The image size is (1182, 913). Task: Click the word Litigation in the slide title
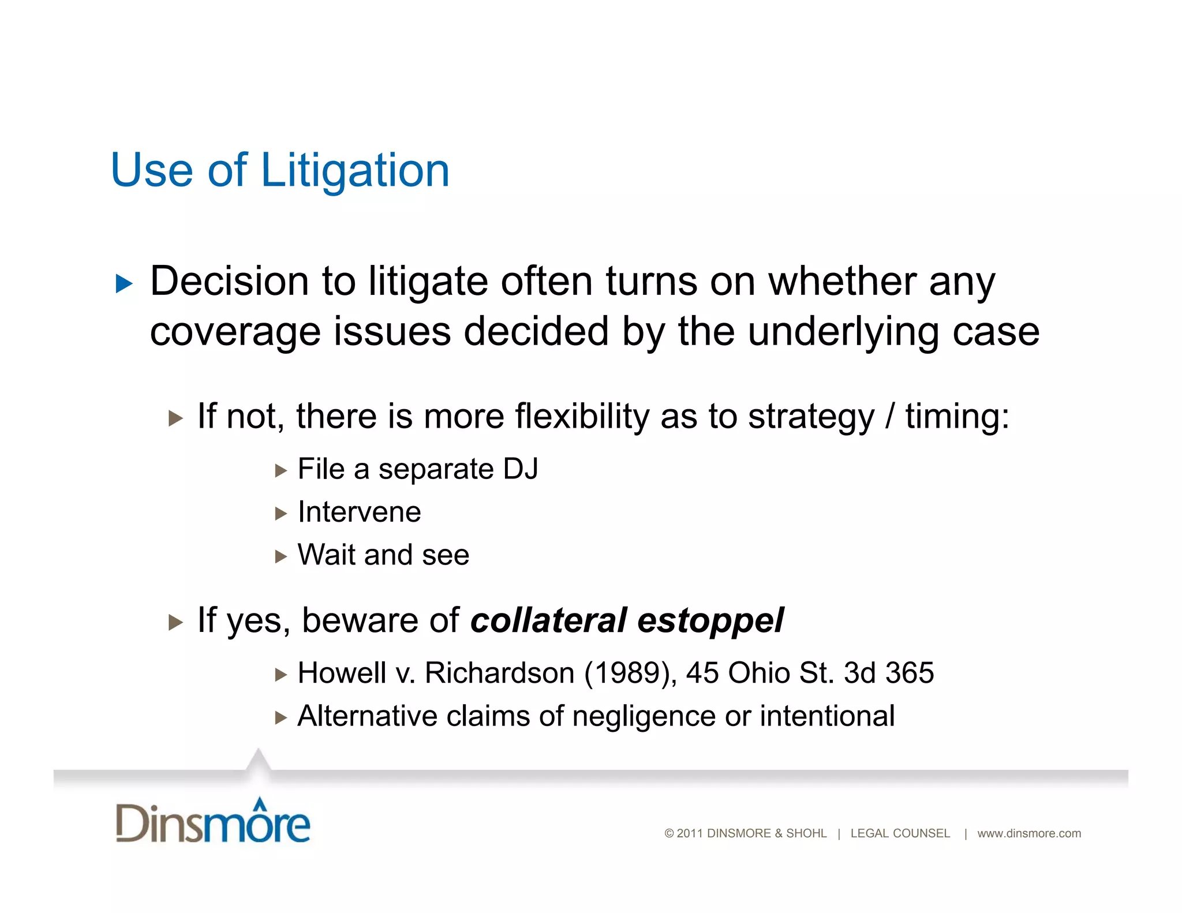(355, 171)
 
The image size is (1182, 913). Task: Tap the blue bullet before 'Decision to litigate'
(124, 283)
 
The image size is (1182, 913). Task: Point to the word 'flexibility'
(582, 416)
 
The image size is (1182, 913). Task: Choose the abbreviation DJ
(520, 469)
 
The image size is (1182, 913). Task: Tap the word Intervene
(359, 512)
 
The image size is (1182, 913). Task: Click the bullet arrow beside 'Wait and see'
(281, 556)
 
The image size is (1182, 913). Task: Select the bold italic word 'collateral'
(548, 620)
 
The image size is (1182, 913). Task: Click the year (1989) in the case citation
(630, 673)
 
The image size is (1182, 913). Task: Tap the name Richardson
(500, 673)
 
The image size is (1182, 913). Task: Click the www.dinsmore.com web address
(1029, 833)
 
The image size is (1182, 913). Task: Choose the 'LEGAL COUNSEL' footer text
(900, 833)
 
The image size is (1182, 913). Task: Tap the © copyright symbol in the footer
(669, 833)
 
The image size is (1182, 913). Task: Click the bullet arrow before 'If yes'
(175, 622)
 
